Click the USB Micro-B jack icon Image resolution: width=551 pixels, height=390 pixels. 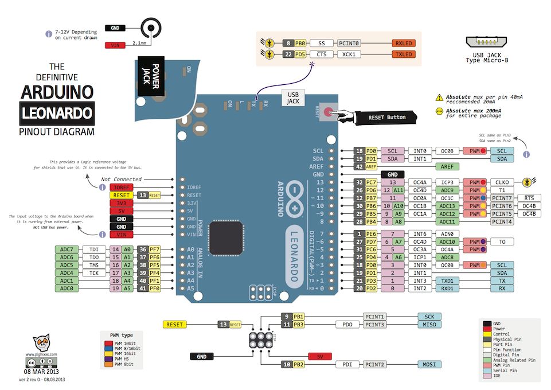click(487, 42)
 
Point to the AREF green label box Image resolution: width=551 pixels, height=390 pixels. click(447, 166)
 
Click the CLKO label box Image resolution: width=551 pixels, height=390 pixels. click(502, 182)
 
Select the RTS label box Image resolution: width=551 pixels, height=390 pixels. click(529, 198)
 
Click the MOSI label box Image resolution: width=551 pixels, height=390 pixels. click(429, 364)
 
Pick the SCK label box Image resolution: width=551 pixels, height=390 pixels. click(429, 317)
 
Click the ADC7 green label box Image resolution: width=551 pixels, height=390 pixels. click(67, 249)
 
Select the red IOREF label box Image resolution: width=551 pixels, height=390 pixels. click(120, 188)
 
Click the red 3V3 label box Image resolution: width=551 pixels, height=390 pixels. click(120, 203)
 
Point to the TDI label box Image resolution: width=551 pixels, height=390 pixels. click(93, 249)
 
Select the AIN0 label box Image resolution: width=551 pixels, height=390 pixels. click(447, 234)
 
